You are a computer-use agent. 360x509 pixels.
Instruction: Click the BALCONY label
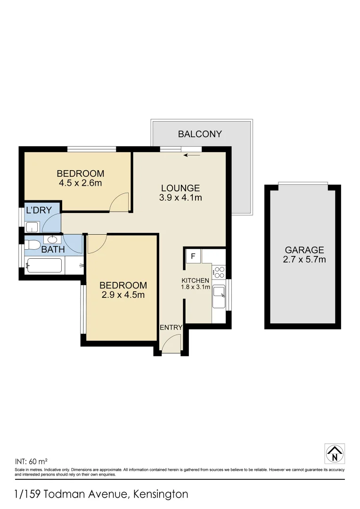click(200, 134)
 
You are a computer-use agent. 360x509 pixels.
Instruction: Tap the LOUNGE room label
click(180, 188)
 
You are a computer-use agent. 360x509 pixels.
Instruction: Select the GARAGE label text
click(304, 250)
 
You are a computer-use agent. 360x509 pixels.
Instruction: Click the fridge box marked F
click(193, 256)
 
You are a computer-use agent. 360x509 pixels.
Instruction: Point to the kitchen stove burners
click(219, 272)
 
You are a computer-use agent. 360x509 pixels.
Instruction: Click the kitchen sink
click(219, 295)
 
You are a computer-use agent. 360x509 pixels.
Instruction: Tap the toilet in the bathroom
click(33, 245)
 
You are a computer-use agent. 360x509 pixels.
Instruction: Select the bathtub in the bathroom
click(45, 266)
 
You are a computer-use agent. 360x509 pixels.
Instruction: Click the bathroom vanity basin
click(53, 239)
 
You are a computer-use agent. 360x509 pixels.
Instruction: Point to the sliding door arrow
click(194, 154)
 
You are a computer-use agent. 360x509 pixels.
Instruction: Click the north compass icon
click(335, 453)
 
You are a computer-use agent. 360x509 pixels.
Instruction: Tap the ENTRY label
click(171, 328)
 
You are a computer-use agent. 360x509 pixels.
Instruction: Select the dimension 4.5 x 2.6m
click(80, 183)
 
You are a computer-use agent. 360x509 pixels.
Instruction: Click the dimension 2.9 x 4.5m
click(123, 295)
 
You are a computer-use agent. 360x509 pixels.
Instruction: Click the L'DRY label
click(39, 210)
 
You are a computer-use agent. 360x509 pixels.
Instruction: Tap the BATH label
click(53, 249)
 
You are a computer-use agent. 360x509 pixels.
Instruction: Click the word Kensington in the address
click(161, 494)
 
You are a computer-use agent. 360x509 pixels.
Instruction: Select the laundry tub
click(32, 227)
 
